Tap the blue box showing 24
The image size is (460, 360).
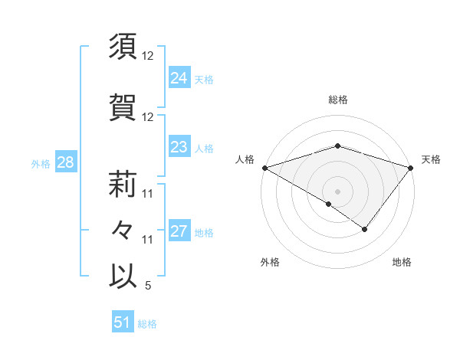[179, 78]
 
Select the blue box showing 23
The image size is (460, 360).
[179, 147]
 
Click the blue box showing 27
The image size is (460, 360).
[179, 231]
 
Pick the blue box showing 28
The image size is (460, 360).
[65, 162]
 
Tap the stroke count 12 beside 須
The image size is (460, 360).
[148, 56]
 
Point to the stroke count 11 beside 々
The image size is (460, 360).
[148, 240]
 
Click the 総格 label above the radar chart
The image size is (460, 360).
[337, 100]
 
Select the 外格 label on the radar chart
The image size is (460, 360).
[270, 262]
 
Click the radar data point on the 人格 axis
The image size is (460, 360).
[264, 167]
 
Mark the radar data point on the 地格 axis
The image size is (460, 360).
[365, 229]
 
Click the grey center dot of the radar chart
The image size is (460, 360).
[337, 191]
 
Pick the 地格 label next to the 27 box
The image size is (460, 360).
[204, 232]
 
